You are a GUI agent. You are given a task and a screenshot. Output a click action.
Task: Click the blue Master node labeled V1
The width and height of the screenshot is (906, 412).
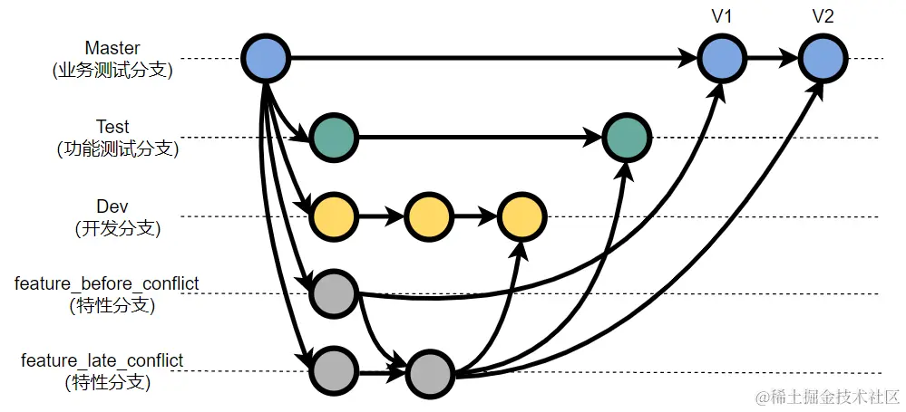click(722, 59)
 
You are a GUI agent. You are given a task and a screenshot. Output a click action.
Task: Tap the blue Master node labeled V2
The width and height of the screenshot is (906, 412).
click(823, 59)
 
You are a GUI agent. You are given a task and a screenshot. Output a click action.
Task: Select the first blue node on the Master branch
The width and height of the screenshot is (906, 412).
click(266, 59)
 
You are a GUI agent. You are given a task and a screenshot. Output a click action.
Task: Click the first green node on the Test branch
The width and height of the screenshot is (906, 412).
click(334, 138)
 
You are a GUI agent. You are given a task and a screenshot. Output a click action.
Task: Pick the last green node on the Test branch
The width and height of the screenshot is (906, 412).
click(627, 138)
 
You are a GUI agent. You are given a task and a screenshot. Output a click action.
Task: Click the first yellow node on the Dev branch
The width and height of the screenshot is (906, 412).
click(334, 216)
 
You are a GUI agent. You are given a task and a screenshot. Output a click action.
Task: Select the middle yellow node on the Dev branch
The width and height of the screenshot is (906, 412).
click(428, 216)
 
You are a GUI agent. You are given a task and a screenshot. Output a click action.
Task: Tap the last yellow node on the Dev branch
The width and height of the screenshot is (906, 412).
click(521, 216)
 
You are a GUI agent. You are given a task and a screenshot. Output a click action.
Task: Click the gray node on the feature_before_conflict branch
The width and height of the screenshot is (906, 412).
click(334, 293)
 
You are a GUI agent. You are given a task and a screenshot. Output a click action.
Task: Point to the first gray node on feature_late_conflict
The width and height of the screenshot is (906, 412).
click(334, 371)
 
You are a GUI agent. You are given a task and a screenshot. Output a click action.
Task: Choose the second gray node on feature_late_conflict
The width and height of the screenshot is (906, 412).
click(430, 371)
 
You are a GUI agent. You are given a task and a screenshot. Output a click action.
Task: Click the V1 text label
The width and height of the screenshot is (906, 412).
click(722, 16)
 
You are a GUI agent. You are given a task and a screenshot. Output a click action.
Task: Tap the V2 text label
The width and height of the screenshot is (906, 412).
click(823, 16)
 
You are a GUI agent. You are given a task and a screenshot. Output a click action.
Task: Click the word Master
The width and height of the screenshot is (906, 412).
click(112, 47)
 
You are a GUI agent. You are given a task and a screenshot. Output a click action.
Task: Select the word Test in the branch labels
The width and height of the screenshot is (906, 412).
click(112, 127)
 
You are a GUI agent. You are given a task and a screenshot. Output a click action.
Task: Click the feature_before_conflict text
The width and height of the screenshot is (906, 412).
click(107, 284)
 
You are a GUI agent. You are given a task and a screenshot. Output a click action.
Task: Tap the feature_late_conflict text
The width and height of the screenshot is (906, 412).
click(102, 361)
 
